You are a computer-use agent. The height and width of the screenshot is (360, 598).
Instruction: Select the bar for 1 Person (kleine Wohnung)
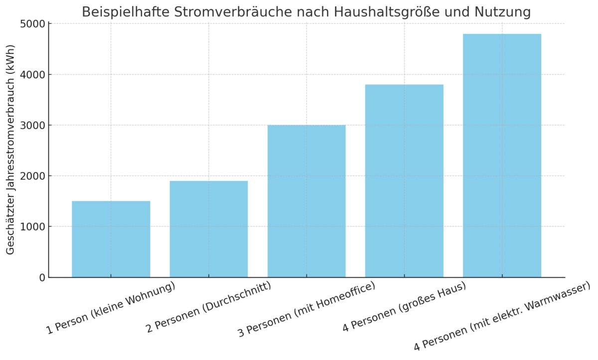tap(111, 239)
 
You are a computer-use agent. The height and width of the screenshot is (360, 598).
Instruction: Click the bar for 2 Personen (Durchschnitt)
tap(208, 229)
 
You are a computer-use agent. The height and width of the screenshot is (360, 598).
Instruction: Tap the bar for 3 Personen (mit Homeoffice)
tap(306, 201)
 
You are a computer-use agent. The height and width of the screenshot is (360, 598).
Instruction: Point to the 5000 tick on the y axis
tap(33, 24)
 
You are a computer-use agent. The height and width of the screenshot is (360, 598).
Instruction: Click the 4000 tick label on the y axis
tap(33, 75)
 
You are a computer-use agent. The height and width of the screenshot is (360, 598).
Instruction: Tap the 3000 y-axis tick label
tap(33, 125)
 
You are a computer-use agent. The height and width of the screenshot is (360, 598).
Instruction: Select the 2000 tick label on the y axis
tap(33, 176)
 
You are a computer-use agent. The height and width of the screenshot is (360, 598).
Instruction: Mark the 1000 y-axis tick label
tap(33, 227)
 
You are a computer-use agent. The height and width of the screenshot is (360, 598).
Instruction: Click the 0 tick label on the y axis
tap(42, 278)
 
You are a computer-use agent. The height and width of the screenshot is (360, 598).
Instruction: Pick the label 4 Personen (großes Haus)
tap(404, 307)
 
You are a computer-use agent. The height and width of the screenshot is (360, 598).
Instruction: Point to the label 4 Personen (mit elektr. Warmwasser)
tap(502, 316)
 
